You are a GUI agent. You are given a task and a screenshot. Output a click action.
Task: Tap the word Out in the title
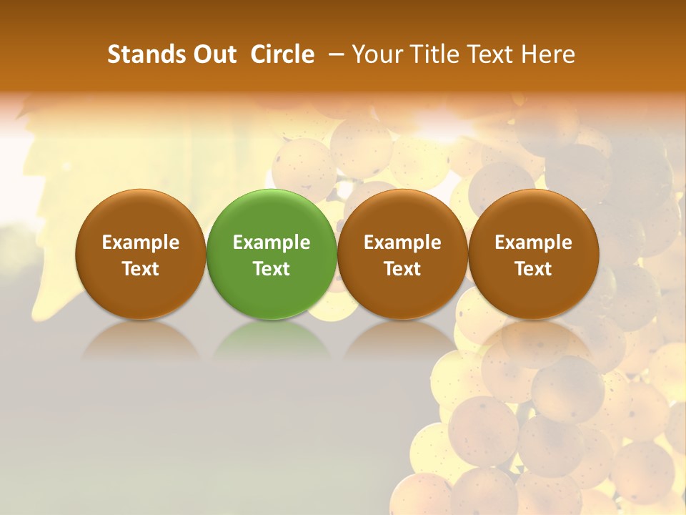point(212,54)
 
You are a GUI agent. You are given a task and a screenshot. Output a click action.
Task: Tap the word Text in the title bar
point(491,54)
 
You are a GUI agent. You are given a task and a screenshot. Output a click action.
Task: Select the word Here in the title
point(547,54)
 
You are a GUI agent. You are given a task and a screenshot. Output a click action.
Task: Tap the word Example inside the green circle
point(272,242)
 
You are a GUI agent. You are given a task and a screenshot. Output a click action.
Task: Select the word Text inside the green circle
point(272,269)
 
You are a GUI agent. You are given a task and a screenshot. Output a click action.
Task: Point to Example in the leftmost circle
point(140,242)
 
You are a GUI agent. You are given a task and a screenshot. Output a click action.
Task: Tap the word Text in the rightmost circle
point(533,269)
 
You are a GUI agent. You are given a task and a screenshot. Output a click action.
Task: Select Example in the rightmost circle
point(533,242)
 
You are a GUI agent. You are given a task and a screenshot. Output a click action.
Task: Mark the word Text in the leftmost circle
point(140,269)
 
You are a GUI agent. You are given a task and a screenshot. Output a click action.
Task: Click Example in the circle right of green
point(402,242)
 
